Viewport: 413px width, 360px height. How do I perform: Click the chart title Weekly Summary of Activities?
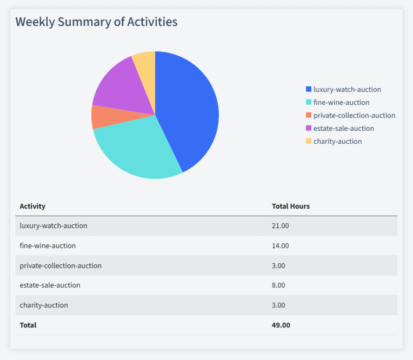click(96, 22)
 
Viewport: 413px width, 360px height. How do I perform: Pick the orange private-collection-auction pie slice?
click(105, 116)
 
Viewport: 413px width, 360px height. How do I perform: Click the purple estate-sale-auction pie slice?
click(116, 86)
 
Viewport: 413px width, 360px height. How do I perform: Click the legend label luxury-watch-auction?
click(347, 89)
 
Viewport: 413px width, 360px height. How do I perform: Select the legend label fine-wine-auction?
click(341, 102)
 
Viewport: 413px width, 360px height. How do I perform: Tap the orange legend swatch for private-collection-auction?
click(309, 115)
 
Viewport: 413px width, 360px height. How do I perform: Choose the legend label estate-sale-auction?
click(343, 128)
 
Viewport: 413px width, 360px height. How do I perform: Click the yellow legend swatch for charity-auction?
click(309, 141)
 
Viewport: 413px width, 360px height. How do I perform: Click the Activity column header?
click(32, 206)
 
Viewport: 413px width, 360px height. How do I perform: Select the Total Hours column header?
click(290, 206)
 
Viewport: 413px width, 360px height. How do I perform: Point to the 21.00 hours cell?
click(280, 225)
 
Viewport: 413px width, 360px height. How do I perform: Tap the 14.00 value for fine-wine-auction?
click(280, 245)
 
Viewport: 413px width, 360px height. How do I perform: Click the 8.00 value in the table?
click(278, 285)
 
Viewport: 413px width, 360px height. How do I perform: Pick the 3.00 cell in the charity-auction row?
click(278, 305)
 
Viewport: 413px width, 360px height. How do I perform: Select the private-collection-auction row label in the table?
click(61, 265)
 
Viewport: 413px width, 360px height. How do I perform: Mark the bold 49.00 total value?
click(281, 325)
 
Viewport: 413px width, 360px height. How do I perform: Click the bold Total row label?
click(28, 325)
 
